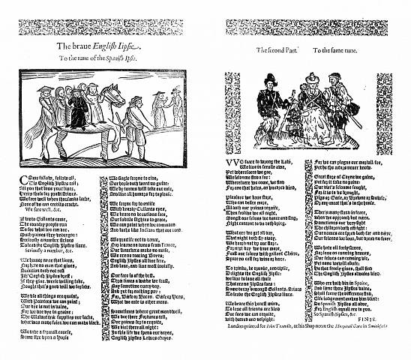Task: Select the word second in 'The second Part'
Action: [280, 49]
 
